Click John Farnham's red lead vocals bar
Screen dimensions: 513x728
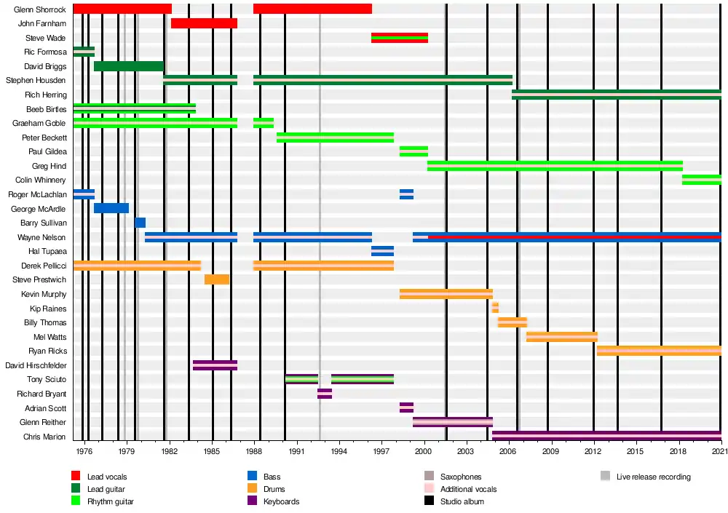pos(204,23)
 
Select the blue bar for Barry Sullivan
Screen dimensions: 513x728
pos(141,223)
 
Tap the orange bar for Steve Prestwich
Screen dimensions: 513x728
pos(217,279)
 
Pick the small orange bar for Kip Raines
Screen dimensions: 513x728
pos(495,308)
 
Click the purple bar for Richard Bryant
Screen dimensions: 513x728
pos(325,394)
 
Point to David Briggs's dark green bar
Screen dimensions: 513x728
pos(129,66)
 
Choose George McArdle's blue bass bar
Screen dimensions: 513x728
pos(111,208)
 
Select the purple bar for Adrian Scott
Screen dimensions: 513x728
pos(406,407)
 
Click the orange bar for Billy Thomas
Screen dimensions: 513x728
pos(513,322)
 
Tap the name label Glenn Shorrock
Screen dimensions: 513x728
pos(40,9)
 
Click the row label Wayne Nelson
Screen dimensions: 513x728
pos(42,237)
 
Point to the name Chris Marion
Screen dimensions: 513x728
pos(45,437)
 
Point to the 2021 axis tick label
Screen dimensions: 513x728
pos(719,452)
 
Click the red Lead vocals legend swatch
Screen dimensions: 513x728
pos(76,477)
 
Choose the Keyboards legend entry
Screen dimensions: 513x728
pos(281,501)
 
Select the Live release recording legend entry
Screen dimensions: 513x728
pos(653,477)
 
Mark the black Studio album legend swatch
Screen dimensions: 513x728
pos(429,501)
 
